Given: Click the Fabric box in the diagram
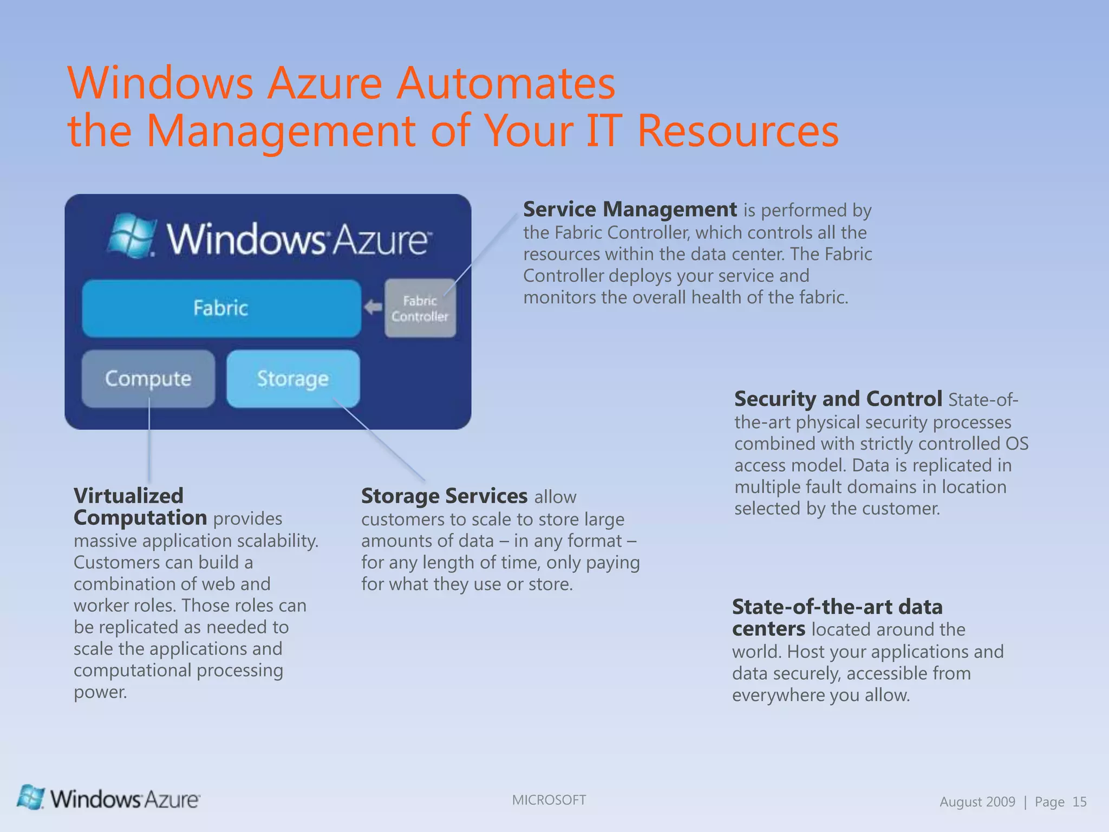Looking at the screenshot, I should coord(221,308).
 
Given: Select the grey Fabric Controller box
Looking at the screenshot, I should coord(420,308).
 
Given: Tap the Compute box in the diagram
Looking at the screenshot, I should coord(148,379).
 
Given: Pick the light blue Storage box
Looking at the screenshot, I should coord(293,379).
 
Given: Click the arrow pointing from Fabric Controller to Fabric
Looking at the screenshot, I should coord(373,308).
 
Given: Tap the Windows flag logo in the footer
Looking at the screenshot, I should coord(31,798).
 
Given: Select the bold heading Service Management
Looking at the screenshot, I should coord(630,210).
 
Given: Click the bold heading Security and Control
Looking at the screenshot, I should coord(838,399).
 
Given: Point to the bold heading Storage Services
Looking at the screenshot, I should coord(444,496).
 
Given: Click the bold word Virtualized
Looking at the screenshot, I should coord(128,496).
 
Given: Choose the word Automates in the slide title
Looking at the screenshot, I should coord(506,83).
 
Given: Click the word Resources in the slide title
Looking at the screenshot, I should coord(738,131).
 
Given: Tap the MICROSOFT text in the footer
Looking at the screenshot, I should coord(549,800).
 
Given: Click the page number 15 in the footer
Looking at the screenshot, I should coord(1079,802).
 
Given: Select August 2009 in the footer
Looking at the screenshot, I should coord(977,802).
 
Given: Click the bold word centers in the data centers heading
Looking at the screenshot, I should coord(768,629).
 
